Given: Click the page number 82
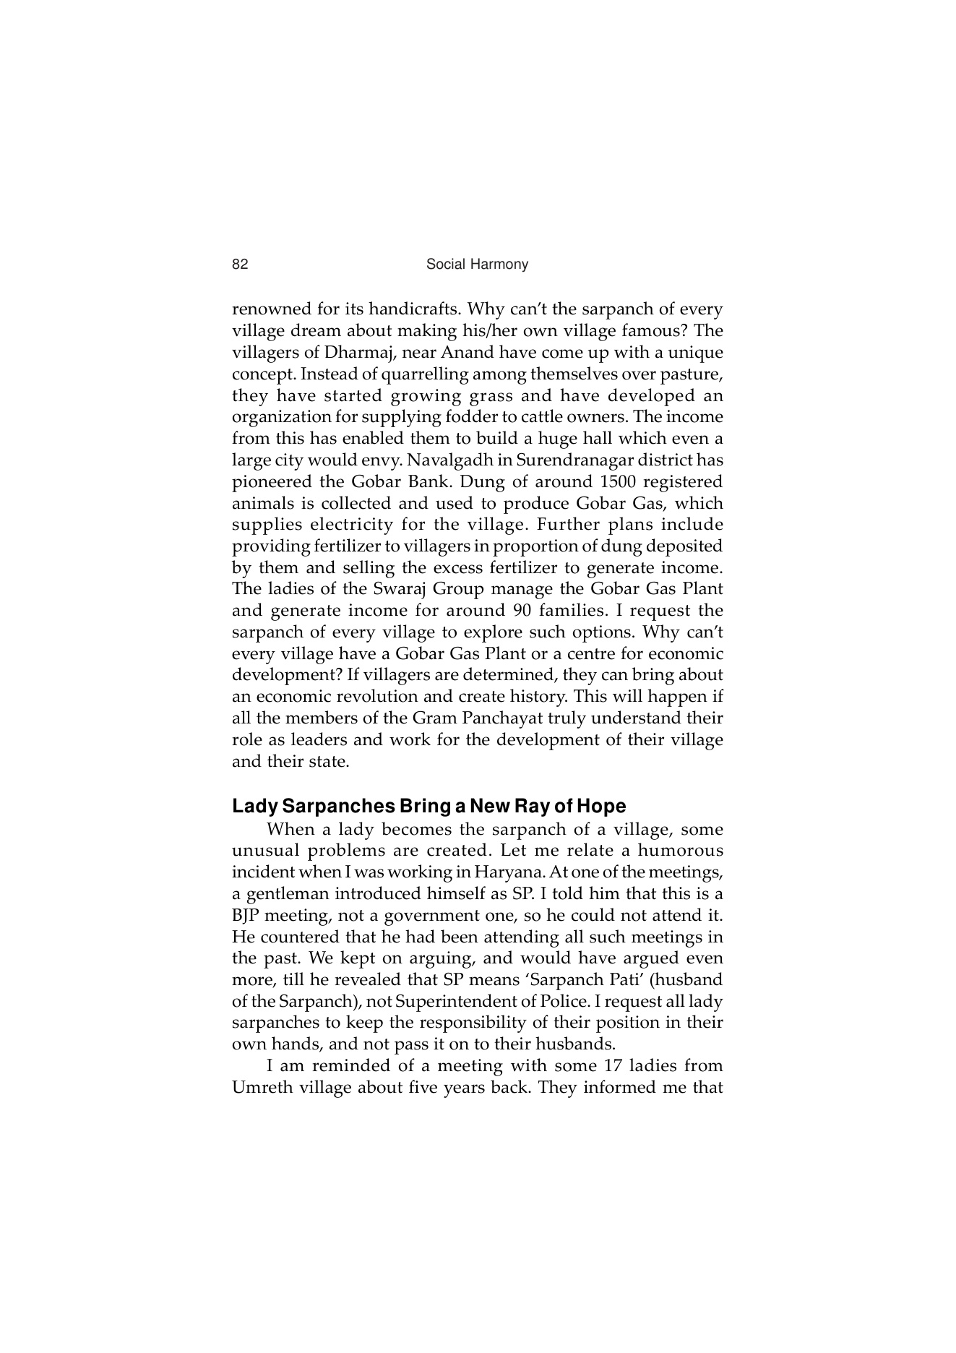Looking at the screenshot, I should click(240, 265).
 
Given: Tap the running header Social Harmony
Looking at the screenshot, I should click(477, 265).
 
